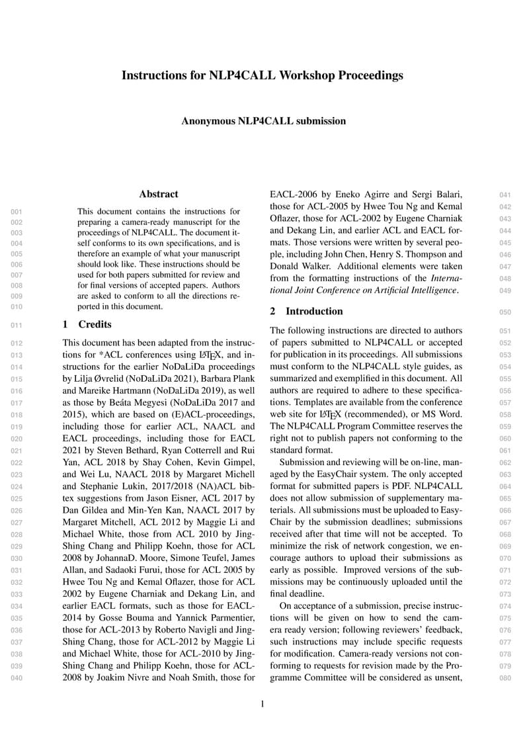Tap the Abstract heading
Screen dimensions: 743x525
tap(159, 194)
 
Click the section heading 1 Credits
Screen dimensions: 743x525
tap(87, 324)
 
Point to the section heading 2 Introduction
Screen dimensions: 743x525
tap(307, 311)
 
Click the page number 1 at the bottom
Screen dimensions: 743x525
tap(262, 704)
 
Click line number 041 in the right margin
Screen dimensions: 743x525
tap(505, 195)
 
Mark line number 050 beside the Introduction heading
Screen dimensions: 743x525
tap(505, 312)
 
